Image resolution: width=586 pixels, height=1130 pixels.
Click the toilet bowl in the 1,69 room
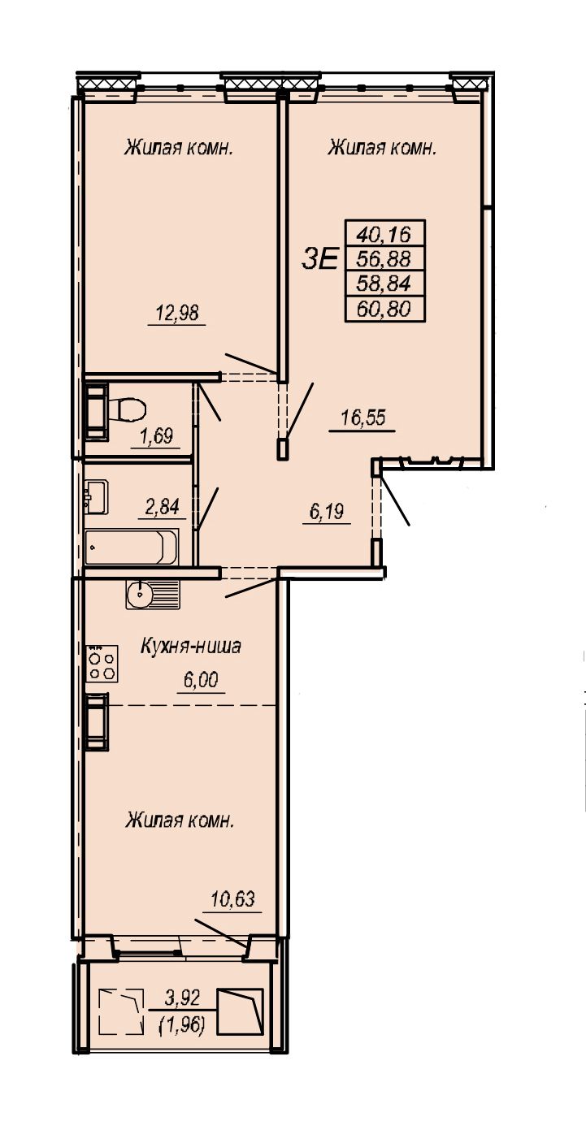coord(126,409)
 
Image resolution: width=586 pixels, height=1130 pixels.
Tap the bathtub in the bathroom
coord(131,547)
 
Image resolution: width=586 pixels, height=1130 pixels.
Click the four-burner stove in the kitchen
coord(102,664)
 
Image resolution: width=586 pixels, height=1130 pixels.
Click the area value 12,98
coord(176,314)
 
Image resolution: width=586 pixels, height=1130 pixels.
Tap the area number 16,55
coord(363,418)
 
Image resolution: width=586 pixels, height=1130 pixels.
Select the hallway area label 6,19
coord(327,512)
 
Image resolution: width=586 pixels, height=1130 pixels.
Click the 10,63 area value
coord(232,898)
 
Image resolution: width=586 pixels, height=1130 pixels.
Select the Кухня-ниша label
coord(191,646)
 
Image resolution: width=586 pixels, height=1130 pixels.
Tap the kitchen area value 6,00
coord(201,680)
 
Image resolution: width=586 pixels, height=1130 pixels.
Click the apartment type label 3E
coord(319,260)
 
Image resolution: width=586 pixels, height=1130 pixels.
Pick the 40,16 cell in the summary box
coord(384,234)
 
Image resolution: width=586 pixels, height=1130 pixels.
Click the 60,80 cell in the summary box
coord(384,309)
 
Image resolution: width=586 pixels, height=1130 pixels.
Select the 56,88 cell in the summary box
coord(384,259)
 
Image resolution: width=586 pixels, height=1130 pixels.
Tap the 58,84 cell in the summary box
coord(384,284)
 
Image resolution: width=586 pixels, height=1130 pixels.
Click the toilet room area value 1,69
coord(155,435)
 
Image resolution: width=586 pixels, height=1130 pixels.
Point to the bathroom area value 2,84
coord(162,506)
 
